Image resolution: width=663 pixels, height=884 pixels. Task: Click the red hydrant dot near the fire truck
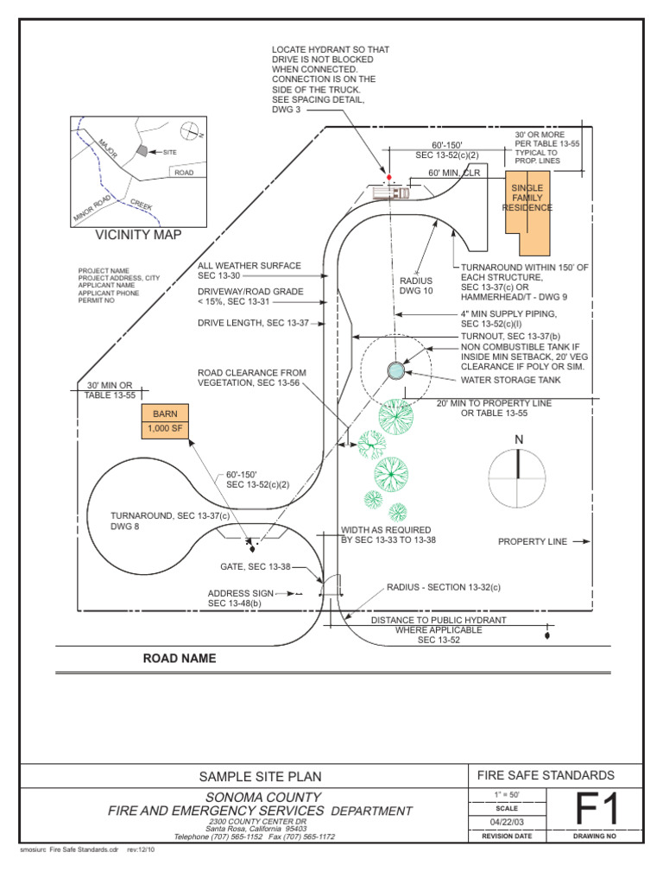coord(388,177)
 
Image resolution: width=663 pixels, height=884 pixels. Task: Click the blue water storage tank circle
coord(396,370)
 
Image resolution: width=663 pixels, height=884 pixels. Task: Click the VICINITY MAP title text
coord(138,234)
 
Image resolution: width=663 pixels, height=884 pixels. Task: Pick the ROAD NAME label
coord(180,659)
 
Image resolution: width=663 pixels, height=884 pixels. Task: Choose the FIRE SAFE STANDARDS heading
coord(558,775)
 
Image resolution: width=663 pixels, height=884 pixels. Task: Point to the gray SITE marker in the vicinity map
coord(141,150)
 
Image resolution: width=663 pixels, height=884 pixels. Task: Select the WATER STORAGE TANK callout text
coord(511,380)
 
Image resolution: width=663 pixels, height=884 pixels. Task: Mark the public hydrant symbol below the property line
coord(547,636)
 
